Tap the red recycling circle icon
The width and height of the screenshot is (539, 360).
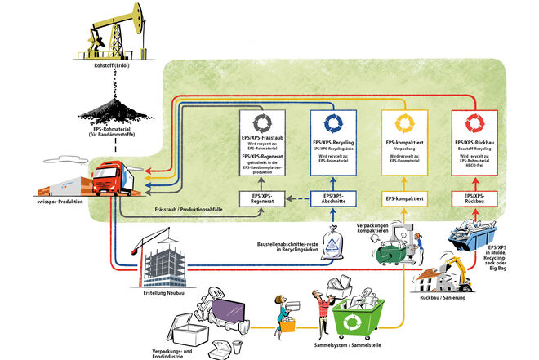pyautogui.click(x=474, y=123)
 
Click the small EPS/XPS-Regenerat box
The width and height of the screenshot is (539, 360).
pyautogui.click(x=261, y=198)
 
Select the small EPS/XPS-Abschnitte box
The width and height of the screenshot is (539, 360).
pyautogui.click(x=332, y=198)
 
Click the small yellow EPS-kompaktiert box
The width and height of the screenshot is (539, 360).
pyautogui.click(x=406, y=198)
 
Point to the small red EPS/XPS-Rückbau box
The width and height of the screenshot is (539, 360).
pyautogui.click(x=474, y=198)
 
